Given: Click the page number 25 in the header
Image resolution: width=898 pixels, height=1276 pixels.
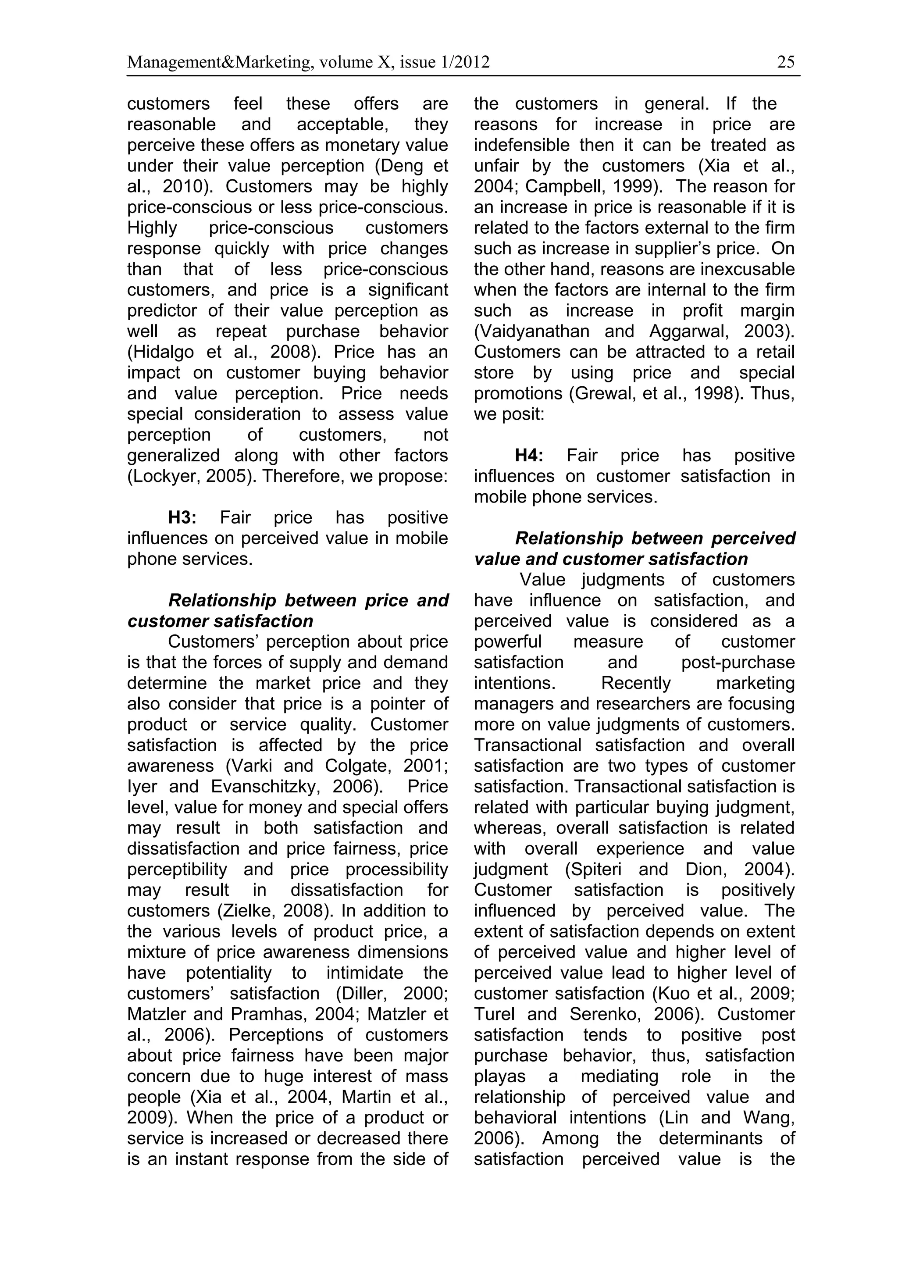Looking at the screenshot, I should [x=786, y=62].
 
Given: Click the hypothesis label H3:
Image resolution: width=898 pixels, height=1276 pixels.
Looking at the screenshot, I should [x=182, y=517].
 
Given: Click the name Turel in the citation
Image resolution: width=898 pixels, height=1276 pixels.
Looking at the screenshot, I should [x=495, y=1014].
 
